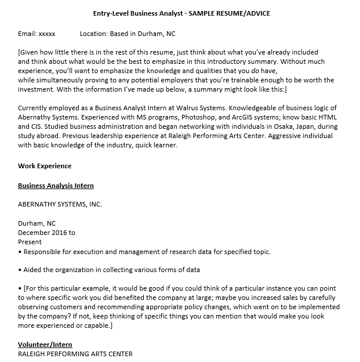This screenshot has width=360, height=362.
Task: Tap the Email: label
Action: click(27, 34)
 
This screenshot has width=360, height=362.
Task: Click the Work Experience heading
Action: click(45, 166)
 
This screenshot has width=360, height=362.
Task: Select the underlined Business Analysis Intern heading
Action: click(56, 186)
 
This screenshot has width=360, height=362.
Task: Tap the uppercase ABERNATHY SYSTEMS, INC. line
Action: click(60, 204)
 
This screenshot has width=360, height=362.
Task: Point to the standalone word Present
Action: click(30, 242)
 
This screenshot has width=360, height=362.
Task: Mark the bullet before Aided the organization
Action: click(20, 270)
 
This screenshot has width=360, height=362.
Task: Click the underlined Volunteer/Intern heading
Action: click(45, 345)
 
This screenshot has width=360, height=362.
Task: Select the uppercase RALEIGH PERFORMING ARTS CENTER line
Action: click(75, 354)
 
